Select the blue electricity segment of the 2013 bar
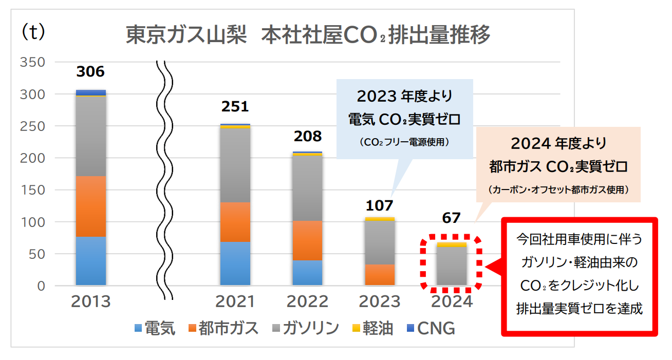pyautogui.click(x=90, y=261)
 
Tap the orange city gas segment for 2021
pyautogui.click(x=235, y=222)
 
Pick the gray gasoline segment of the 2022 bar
pyautogui.click(x=307, y=188)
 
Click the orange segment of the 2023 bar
pyautogui.click(x=380, y=275)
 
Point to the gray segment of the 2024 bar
pyautogui.click(x=452, y=266)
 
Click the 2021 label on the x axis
pyautogui.click(x=235, y=301)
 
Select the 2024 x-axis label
pyautogui.click(x=452, y=301)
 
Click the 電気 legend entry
pyautogui.click(x=155, y=328)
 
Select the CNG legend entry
pyautogui.click(x=430, y=328)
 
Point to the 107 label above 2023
pyautogui.click(x=379, y=205)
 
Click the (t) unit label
pyautogui.click(x=33, y=32)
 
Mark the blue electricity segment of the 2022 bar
pyautogui.click(x=307, y=273)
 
